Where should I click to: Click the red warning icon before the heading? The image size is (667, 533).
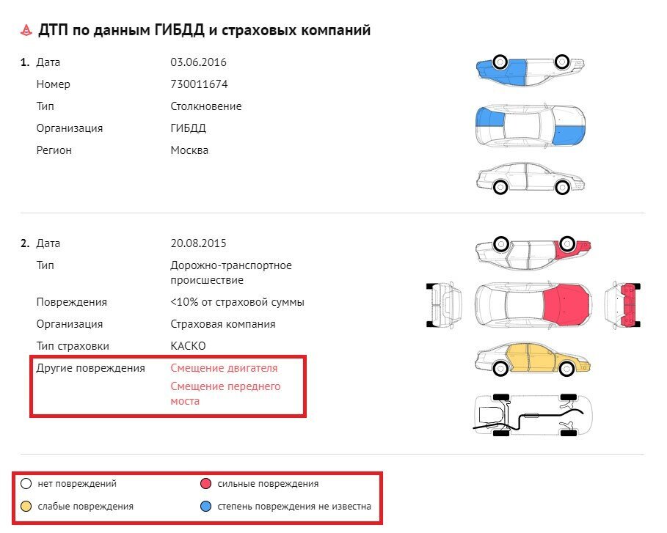(x=26, y=30)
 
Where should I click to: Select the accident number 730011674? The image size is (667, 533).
(x=199, y=84)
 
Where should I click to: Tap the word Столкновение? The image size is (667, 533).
(x=205, y=106)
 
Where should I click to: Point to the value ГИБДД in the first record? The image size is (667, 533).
(x=188, y=128)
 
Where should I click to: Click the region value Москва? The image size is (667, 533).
(x=189, y=150)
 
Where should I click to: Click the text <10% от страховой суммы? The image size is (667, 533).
(x=237, y=302)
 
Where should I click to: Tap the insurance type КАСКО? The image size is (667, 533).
(x=188, y=346)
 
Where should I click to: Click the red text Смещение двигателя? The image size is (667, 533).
(x=224, y=368)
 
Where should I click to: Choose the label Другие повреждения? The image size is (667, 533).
(x=90, y=368)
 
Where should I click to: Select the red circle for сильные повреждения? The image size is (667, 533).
(x=205, y=484)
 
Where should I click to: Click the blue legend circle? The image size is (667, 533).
(x=205, y=506)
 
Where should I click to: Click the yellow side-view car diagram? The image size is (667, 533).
(x=531, y=360)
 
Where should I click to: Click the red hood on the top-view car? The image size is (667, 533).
(x=566, y=304)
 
